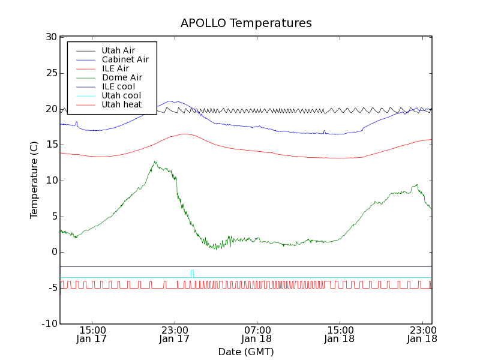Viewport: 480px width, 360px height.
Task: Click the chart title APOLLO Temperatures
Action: (x=246, y=23)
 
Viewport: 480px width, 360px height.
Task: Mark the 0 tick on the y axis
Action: (x=53, y=252)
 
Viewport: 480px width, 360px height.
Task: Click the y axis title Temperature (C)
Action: (x=34, y=181)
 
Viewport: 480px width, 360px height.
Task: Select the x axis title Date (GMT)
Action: (x=246, y=352)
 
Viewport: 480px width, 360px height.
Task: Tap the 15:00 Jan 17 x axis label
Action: (x=92, y=334)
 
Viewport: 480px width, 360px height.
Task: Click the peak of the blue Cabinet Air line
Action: (x=170, y=101)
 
